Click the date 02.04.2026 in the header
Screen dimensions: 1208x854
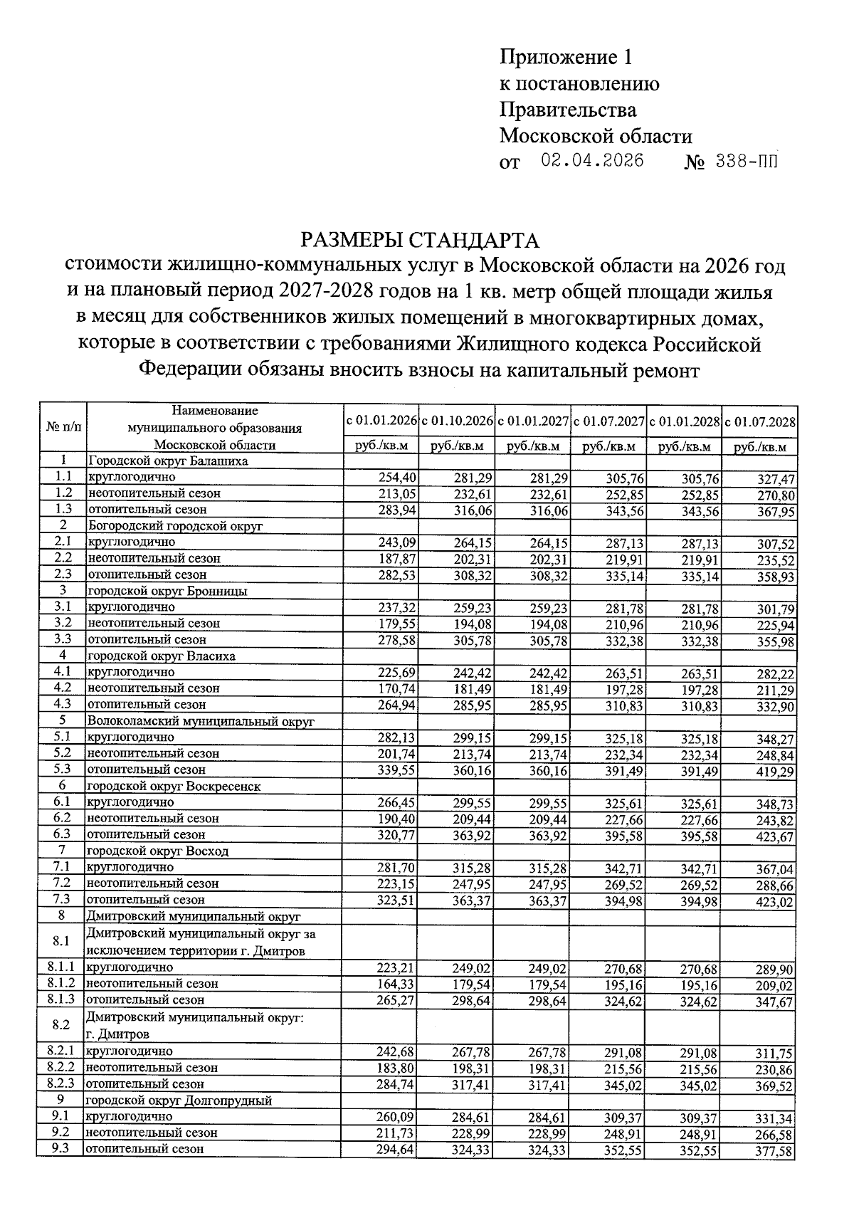point(592,161)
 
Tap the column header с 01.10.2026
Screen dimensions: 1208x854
point(457,421)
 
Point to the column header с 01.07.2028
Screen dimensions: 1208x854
point(759,421)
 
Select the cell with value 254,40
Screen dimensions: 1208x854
point(396,477)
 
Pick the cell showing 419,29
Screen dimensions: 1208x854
point(775,771)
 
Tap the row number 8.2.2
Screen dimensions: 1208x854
point(61,1067)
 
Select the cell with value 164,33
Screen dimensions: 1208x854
point(396,984)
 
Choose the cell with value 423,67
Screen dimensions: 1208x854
point(775,836)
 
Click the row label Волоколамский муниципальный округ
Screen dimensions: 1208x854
point(200,721)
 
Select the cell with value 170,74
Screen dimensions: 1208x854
point(396,688)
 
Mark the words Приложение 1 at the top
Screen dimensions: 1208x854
point(566,57)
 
